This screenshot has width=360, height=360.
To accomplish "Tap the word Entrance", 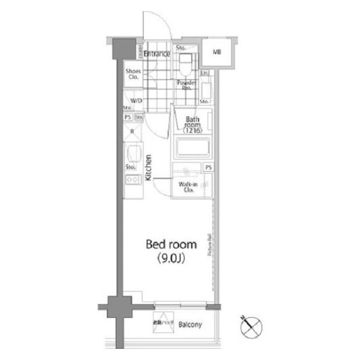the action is click(x=157, y=54).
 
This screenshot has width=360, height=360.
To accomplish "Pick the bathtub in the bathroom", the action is click(x=192, y=148).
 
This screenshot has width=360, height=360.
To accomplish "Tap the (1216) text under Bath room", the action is click(x=193, y=131).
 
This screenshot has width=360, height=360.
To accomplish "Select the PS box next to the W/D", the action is click(x=128, y=117).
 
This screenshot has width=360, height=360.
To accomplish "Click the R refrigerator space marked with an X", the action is click(x=133, y=132).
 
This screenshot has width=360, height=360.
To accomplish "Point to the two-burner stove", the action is click(x=132, y=180).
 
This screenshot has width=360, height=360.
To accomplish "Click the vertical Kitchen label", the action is click(x=148, y=168).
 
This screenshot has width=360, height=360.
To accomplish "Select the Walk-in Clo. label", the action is click(x=186, y=187).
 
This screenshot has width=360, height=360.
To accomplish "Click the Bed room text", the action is click(x=171, y=245).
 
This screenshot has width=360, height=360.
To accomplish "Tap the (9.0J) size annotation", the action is click(x=171, y=258).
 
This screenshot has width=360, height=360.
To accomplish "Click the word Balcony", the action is click(x=190, y=325).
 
